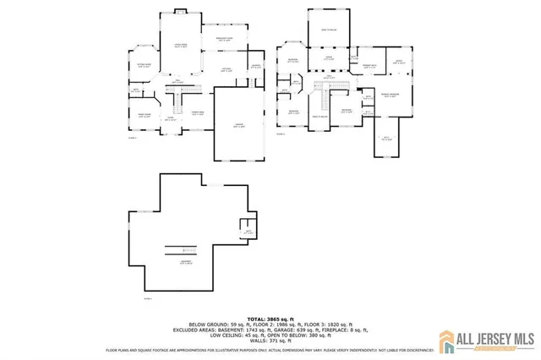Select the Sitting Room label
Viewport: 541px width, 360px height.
(x=144, y=64)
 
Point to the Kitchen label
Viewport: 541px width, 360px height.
(x=227, y=69)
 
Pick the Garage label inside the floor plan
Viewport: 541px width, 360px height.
(x=239, y=125)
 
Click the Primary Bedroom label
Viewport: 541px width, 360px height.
(x=390, y=95)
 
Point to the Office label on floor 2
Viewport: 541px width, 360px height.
(x=396, y=61)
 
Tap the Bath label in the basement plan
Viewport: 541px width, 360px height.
(x=248, y=232)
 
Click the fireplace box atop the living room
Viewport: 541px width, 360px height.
(x=179, y=12)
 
